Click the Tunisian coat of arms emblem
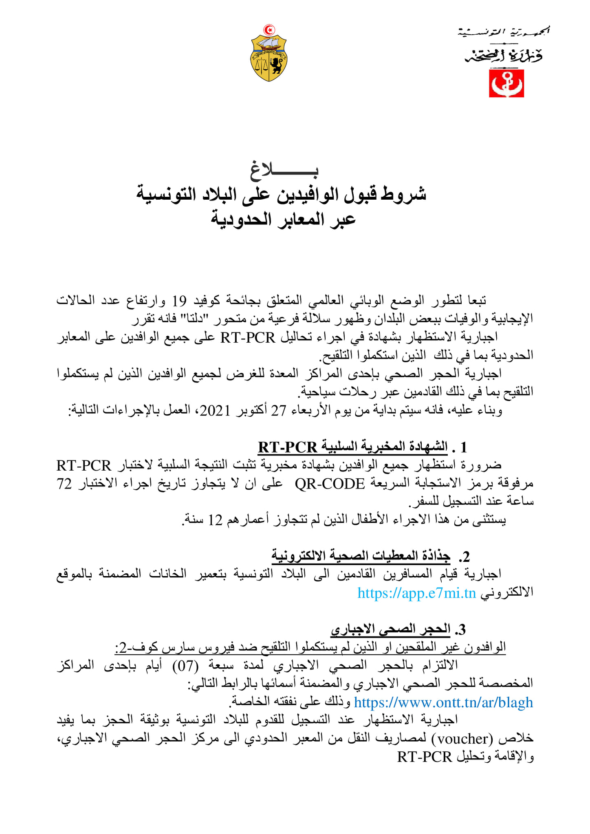click(269, 57)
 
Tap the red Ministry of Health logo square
click(506, 84)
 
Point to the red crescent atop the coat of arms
click(269, 29)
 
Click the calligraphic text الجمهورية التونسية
click(504, 32)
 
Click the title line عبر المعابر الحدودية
click(283, 219)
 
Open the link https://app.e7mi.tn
click(416, 593)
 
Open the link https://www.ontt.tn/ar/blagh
click(443, 702)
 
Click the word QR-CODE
click(330, 484)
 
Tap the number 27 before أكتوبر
click(279, 410)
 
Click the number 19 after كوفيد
click(179, 301)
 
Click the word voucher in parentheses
click(459, 738)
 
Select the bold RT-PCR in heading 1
click(288, 447)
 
